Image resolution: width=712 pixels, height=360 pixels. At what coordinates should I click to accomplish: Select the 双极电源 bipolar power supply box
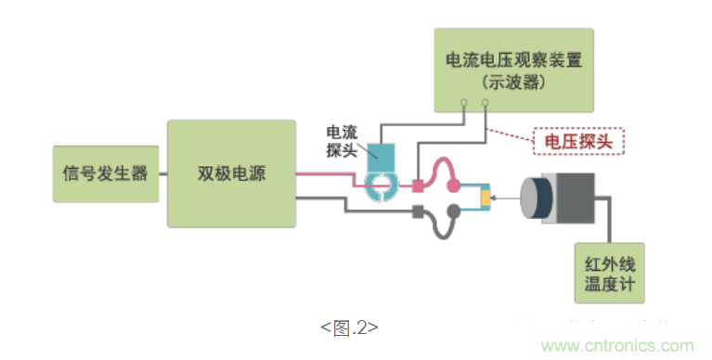click(x=231, y=174)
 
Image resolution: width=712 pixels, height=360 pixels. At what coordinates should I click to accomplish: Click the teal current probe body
click(x=379, y=157)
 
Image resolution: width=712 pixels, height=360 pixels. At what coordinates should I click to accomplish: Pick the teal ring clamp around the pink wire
click(x=379, y=186)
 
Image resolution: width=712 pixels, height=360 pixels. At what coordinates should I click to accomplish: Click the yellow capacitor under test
click(x=484, y=199)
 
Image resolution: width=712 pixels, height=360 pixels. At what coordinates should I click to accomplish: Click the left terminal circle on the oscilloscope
click(x=464, y=102)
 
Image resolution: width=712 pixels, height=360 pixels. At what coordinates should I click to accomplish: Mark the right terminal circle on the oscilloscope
click(x=485, y=102)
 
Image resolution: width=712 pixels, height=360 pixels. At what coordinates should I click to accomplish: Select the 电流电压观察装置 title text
click(x=512, y=61)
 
